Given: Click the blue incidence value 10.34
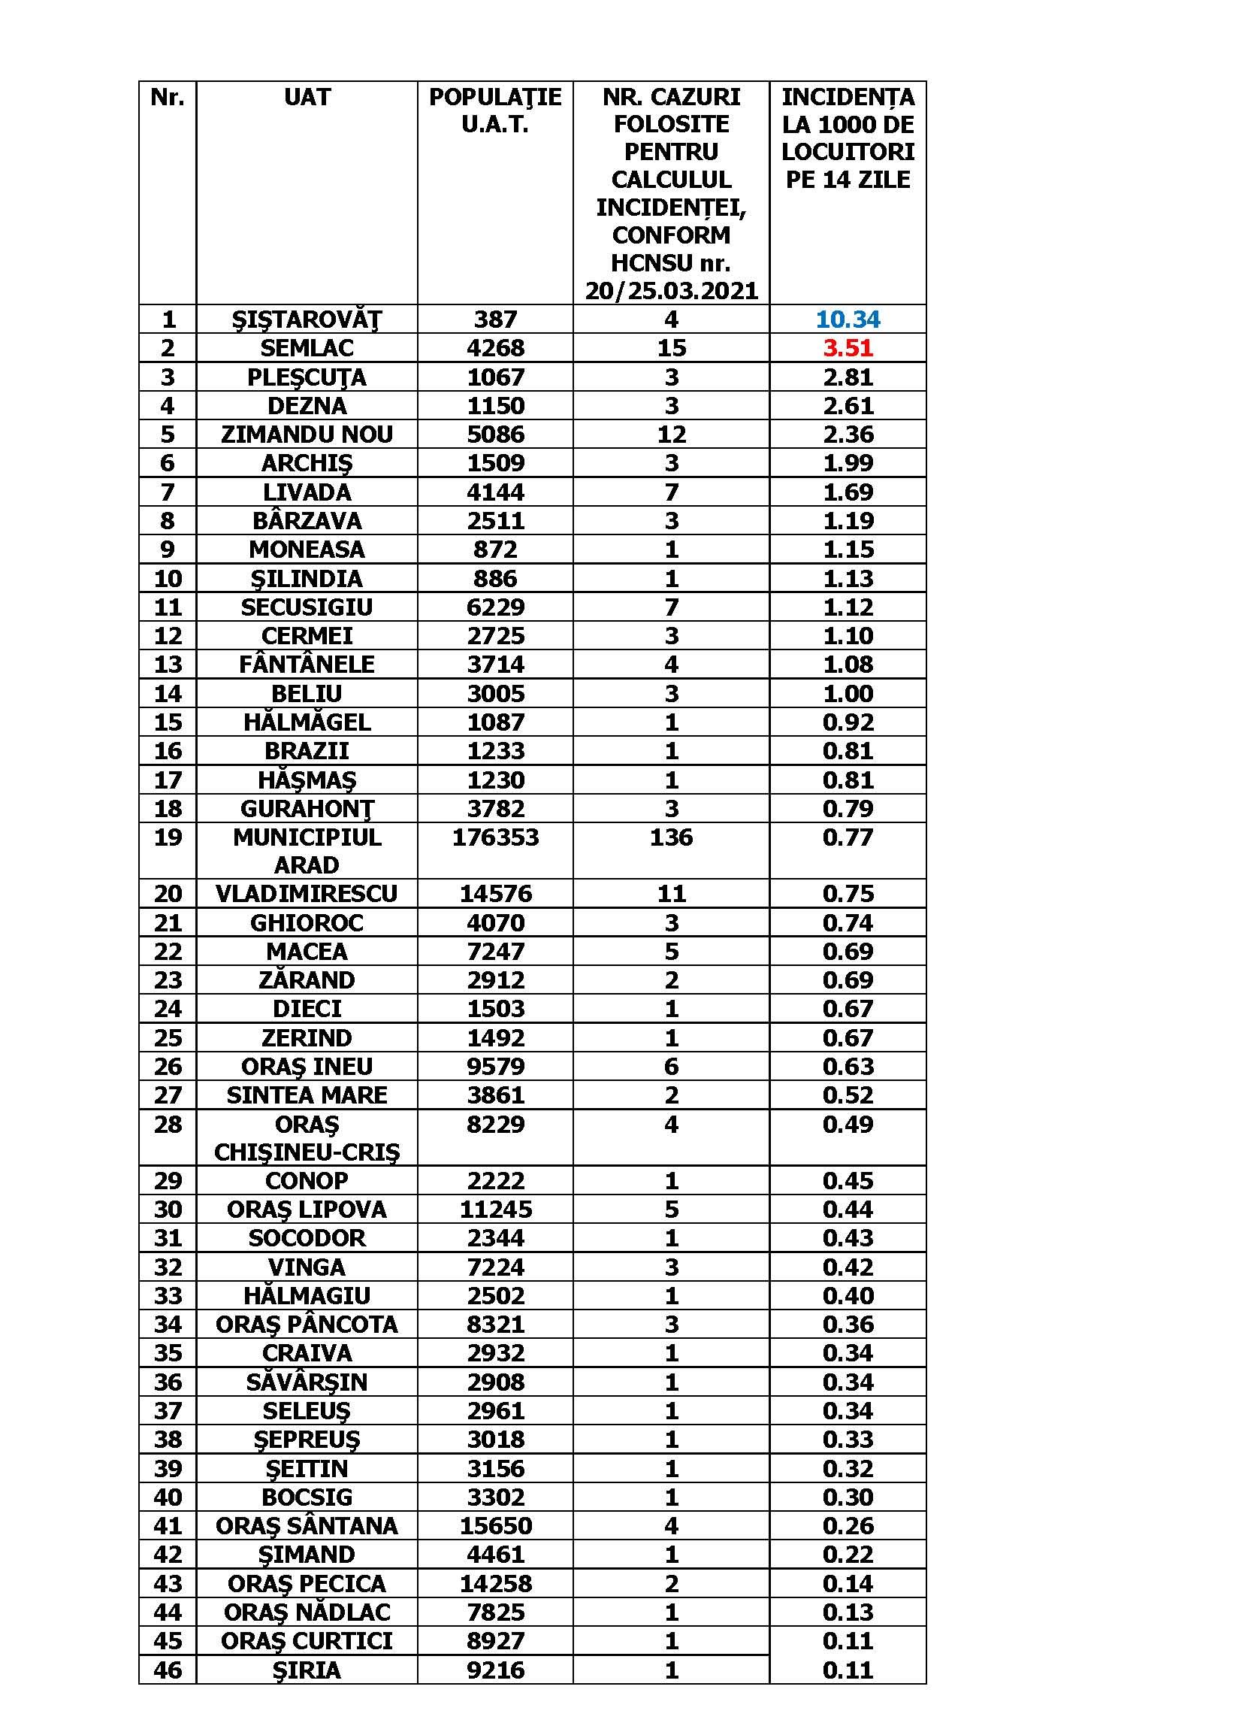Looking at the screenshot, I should [x=848, y=319].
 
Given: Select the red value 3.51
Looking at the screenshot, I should [x=848, y=348].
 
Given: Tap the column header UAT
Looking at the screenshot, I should [x=307, y=97].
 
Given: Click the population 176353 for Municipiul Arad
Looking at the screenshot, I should [x=495, y=837].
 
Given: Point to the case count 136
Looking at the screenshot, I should [x=671, y=837].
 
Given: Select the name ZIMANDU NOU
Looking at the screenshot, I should [x=307, y=435].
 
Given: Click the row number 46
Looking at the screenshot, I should [x=168, y=1669].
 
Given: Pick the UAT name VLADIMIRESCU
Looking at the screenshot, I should [x=307, y=894].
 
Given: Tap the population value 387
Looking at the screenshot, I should [x=495, y=319].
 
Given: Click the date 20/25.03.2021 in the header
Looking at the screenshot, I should [x=671, y=291].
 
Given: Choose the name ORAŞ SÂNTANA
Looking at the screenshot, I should [x=307, y=1525].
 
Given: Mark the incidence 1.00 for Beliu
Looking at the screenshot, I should [x=848, y=693].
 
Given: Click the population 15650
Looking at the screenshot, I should [x=495, y=1525].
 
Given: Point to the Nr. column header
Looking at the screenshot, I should [x=168, y=97].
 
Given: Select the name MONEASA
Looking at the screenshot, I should [x=307, y=550].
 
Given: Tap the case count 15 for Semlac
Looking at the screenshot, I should [x=671, y=348].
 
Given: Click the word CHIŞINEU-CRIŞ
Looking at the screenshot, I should [x=307, y=1152].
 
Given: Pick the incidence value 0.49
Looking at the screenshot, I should [x=848, y=1124].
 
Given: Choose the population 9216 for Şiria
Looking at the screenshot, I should [x=495, y=1669].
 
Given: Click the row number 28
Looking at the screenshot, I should [x=168, y=1124].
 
